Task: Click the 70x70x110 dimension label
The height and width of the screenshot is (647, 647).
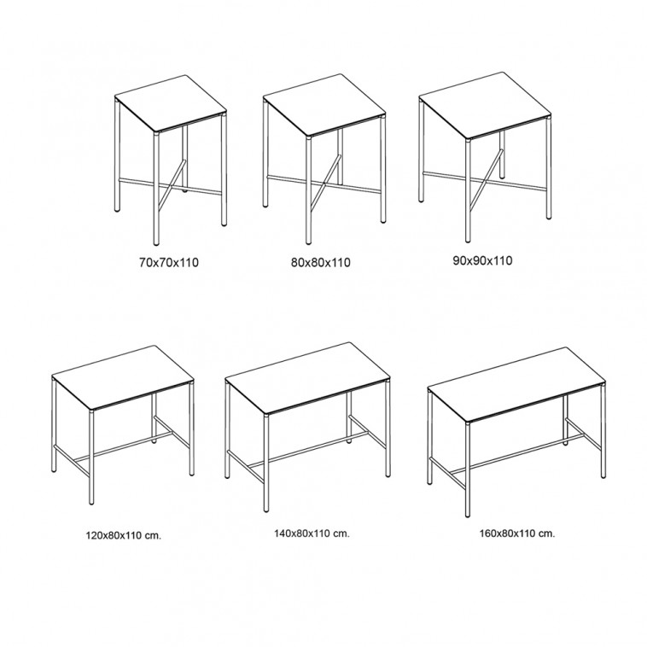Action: [169, 262]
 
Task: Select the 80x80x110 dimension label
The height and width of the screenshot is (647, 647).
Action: [321, 262]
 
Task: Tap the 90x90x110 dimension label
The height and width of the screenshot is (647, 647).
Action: [482, 261]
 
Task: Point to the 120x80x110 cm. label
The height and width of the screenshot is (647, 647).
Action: [124, 535]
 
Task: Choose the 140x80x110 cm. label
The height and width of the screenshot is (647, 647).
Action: [312, 533]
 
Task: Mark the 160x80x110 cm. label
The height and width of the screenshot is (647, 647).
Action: [517, 533]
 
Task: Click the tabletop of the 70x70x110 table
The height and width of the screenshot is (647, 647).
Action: [171, 103]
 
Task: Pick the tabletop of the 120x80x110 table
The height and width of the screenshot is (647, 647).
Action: [123, 378]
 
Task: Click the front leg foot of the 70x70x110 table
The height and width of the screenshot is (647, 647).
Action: [156, 241]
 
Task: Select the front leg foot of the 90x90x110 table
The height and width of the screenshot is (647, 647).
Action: [468, 238]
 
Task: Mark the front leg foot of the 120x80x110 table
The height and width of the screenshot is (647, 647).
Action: [91, 501]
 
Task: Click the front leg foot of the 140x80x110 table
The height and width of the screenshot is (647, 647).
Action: [266, 509]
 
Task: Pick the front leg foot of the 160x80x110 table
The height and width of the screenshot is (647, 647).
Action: [468, 512]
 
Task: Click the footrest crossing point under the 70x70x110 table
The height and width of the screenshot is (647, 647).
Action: [169, 186]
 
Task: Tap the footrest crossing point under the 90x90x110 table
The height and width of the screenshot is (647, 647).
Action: [483, 180]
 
